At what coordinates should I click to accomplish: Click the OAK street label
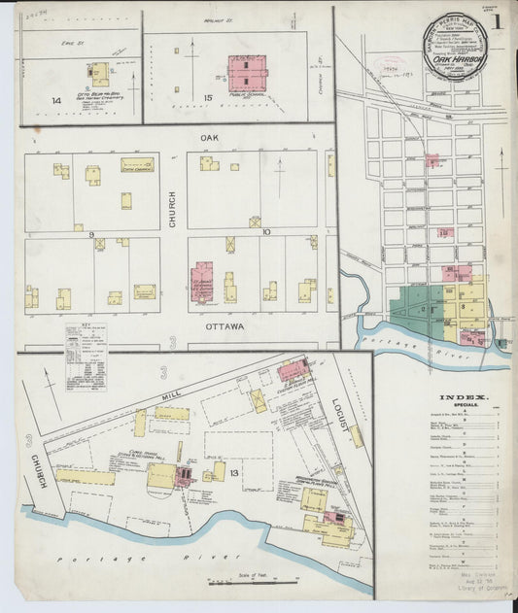point(209,138)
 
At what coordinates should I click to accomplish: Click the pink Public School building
point(247,73)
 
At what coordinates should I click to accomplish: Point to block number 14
point(57,99)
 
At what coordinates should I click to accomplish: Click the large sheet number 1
point(496,20)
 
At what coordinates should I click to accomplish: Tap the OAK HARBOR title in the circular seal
point(450,57)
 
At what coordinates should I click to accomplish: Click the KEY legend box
point(86,343)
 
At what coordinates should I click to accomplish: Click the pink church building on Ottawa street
point(202,281)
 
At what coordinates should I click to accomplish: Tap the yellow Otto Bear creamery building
point(99,74)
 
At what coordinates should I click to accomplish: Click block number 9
point(92,234)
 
